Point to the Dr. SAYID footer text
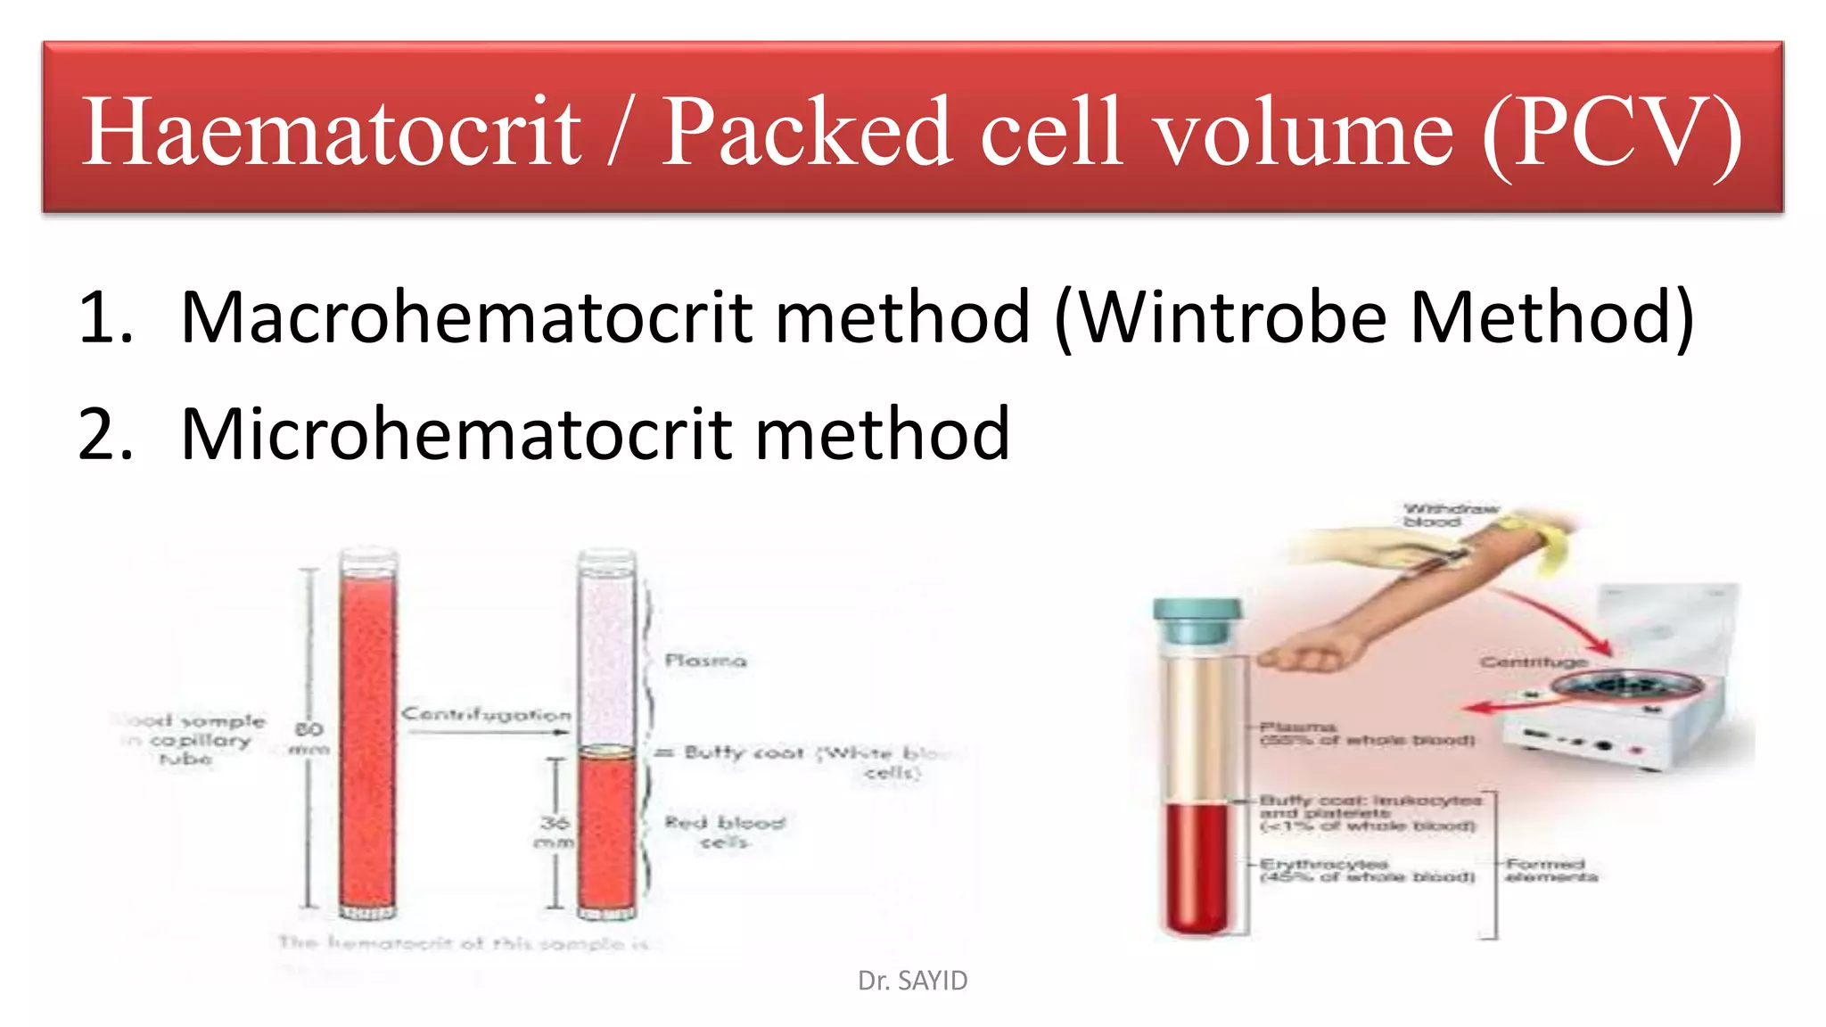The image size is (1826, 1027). (912, 981)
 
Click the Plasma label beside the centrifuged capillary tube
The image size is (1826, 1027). (705, 661)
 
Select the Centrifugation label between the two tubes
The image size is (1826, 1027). (486, 714)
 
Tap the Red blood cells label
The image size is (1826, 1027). (724, 831)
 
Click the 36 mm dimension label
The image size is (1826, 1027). (554, 831)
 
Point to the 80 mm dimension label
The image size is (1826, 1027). (308, 739)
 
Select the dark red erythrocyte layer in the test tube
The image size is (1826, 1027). (1197, 865)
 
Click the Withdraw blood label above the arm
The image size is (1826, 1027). (1449, 515)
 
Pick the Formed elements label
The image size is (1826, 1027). (1551, 870)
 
